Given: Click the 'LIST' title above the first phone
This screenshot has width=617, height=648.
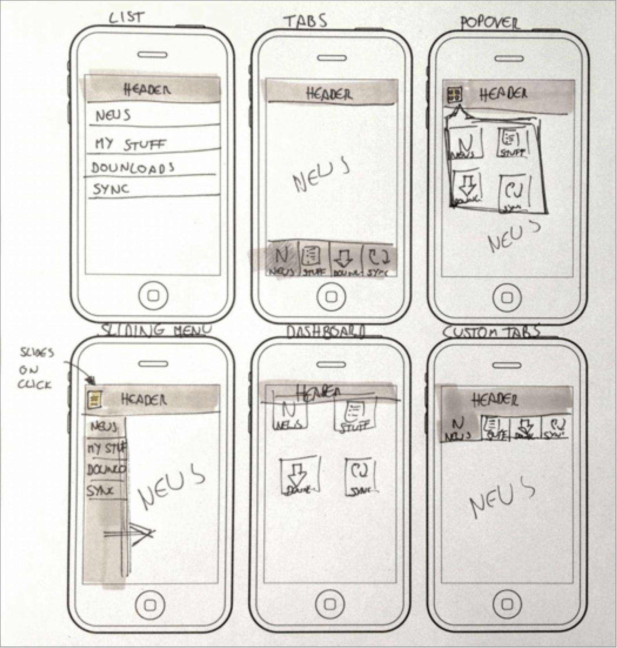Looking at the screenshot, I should click(x=127, y=17).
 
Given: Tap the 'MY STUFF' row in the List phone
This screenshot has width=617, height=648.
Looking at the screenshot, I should click(x=130, y=144).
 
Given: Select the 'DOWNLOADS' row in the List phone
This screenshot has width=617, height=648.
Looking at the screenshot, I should click(x=132, y=168).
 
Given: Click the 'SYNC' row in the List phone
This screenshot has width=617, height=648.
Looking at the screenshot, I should click(x=111, y=189).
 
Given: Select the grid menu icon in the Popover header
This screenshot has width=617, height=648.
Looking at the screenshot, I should click(x=454, y=94).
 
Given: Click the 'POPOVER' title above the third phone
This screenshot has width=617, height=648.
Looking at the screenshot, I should click(x=490, y=23).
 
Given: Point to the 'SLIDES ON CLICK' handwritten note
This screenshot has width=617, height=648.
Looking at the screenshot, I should click(x=36, y=368).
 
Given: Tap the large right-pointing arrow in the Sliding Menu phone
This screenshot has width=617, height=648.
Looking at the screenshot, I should click(x=137, y=533).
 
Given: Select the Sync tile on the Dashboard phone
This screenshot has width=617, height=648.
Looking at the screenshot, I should click(x=360, y=476).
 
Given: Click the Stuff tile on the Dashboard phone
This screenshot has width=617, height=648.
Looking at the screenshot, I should click(x=354, y=416).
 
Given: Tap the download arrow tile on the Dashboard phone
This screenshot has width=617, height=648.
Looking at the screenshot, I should click(x=299, y=475).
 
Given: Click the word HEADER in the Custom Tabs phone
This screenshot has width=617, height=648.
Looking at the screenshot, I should click(x=494, y=400).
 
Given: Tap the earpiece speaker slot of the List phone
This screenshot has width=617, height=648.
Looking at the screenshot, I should click(x=152, y=55).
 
